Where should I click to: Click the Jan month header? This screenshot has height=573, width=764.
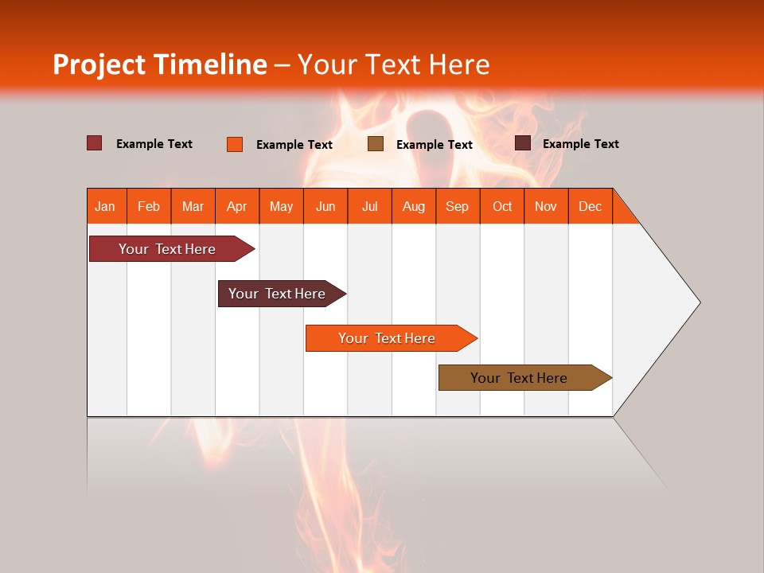[106, 206]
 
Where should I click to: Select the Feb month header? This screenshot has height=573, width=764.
[149, 206]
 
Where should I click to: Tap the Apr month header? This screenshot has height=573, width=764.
[237, 206]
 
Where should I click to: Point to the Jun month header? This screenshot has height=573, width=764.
[325, 206]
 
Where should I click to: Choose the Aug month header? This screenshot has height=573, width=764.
[414, 206]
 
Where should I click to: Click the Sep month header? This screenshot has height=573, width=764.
[458, 206]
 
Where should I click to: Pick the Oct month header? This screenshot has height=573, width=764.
[502, 206]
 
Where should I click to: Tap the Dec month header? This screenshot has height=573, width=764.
[591, 206]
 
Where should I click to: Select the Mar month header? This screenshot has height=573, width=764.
[193, 206]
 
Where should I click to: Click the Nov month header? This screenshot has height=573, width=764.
[546, 206]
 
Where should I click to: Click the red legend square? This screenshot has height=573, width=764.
[95, 143]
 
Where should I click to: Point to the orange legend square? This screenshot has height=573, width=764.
[235, 144]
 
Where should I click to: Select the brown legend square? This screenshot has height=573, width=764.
[376, 144]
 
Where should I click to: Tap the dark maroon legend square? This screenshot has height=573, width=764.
[523, 143]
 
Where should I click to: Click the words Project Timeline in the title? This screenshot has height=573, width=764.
[160, 64]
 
